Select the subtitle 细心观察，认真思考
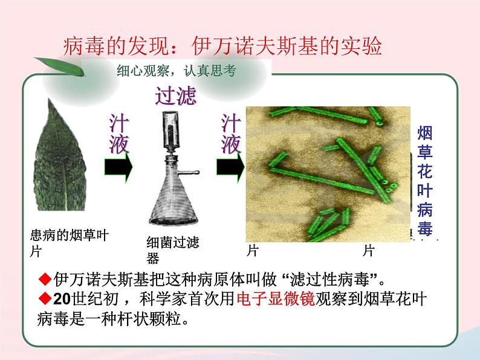(x=176, y=71)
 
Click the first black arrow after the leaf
(x=118, y=168)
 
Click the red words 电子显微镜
(x=276, y=300)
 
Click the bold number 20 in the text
(x=62, y=300)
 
